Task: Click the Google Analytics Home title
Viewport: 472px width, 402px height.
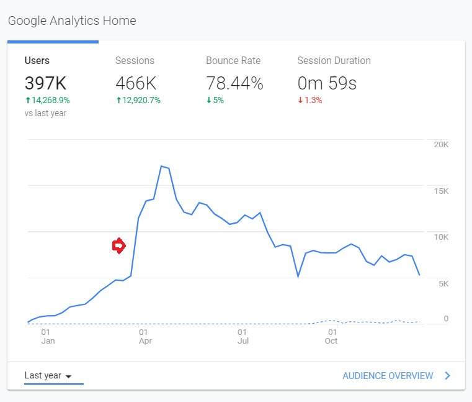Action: coord(71,21)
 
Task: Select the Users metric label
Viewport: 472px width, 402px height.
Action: coord(37,61)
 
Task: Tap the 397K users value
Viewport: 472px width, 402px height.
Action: coord(45,83)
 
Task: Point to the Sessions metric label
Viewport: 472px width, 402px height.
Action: coord(135,61)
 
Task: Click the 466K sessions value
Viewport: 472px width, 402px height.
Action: coord(136,83)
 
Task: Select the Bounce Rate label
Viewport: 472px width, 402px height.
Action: coord(233,61)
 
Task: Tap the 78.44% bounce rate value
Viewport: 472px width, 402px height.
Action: coord(234,83)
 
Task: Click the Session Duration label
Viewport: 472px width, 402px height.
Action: coord(334,61)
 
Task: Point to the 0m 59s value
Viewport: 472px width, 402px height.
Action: coord(327,83)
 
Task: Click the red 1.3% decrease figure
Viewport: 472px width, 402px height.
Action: coord(313,100)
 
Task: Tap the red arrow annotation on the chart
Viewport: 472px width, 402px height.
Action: coord(118,246)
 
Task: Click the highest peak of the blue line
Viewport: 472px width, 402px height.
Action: coord(161,166)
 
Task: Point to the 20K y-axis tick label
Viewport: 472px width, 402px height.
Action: coord(441,144)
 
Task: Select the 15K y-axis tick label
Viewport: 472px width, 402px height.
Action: coord(441,191)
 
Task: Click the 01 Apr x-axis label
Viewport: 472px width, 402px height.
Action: coord(145,336)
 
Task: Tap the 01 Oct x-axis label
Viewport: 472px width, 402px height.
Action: coord(331,336)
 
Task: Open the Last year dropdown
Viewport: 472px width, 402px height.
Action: coord(48,376)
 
